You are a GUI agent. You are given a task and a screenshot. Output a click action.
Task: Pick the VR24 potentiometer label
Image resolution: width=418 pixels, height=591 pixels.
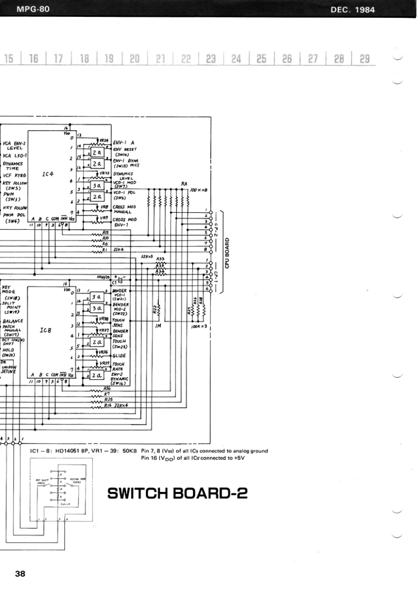pos(103,141)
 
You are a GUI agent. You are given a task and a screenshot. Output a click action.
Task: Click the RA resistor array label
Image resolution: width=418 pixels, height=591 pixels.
pos(184,184)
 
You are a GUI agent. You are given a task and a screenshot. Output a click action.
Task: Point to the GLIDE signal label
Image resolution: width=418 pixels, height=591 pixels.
pos(119,356)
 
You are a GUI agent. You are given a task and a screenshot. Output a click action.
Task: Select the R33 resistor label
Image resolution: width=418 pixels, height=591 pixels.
pos(160,259)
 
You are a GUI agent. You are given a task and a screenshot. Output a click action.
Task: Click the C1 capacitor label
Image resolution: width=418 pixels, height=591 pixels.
pos(114,283)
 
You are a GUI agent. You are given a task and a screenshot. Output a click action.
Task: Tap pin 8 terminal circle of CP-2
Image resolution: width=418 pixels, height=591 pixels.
pos(210,251)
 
